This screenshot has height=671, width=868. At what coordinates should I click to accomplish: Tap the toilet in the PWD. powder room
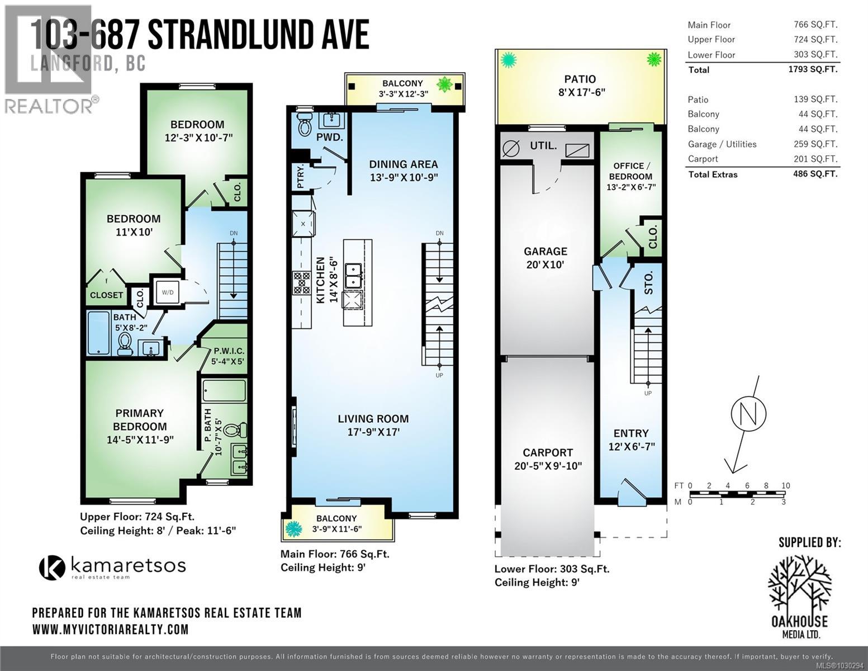305,125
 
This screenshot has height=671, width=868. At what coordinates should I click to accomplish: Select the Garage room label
545,252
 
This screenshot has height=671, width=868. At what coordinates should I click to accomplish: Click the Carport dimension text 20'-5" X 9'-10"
548,466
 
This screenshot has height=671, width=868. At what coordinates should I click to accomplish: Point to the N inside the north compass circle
748,413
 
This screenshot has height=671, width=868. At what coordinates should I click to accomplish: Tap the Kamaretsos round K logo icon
52,567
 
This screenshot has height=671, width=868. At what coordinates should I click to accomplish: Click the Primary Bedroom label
139,419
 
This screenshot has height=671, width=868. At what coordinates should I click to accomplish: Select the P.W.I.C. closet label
229,351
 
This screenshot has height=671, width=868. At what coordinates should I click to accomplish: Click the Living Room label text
373,419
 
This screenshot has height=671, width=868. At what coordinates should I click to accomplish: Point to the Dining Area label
403,164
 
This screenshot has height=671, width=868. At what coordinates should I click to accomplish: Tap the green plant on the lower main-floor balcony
293,528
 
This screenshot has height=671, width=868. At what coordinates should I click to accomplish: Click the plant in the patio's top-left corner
508,59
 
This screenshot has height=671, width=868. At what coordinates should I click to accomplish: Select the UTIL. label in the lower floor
543,146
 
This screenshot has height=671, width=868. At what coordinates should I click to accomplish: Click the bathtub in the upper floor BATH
99,333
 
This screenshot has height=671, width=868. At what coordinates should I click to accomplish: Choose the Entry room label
631,433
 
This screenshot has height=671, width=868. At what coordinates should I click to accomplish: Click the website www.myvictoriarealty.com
110,629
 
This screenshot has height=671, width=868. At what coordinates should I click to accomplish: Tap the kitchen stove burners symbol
302,282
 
